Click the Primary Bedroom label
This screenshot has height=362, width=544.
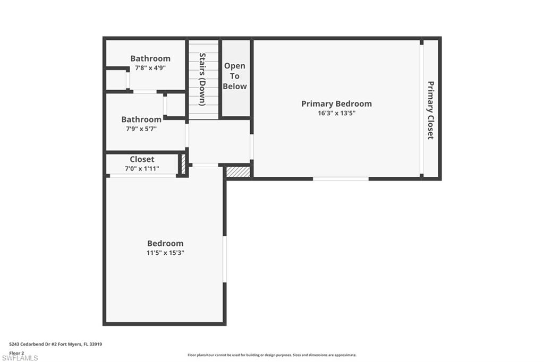[336, 104]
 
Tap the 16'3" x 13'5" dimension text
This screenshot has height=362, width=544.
[336, 113]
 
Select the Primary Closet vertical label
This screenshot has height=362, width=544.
[431, 110]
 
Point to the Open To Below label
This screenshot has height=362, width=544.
[235, 76]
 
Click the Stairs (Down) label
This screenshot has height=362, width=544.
[202, 79]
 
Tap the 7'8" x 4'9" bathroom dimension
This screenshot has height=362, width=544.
[150, 68]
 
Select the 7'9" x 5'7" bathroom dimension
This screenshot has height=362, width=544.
[141, 128]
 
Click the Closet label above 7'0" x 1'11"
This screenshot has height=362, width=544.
[142, 159]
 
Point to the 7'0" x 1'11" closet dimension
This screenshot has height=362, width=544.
[142, 169]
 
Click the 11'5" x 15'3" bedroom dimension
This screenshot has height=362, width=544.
[165, 253]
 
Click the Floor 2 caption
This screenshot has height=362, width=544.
[16, 352]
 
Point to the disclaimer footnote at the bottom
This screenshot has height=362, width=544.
[271, 355]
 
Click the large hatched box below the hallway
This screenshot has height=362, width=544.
[238, 171]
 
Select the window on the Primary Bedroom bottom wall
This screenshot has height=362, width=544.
[341, 179]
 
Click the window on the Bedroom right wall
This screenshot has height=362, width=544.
[225, 259]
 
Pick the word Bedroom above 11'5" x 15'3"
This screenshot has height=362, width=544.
[165, 243]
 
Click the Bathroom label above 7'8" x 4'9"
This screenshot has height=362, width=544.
[150, 58]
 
